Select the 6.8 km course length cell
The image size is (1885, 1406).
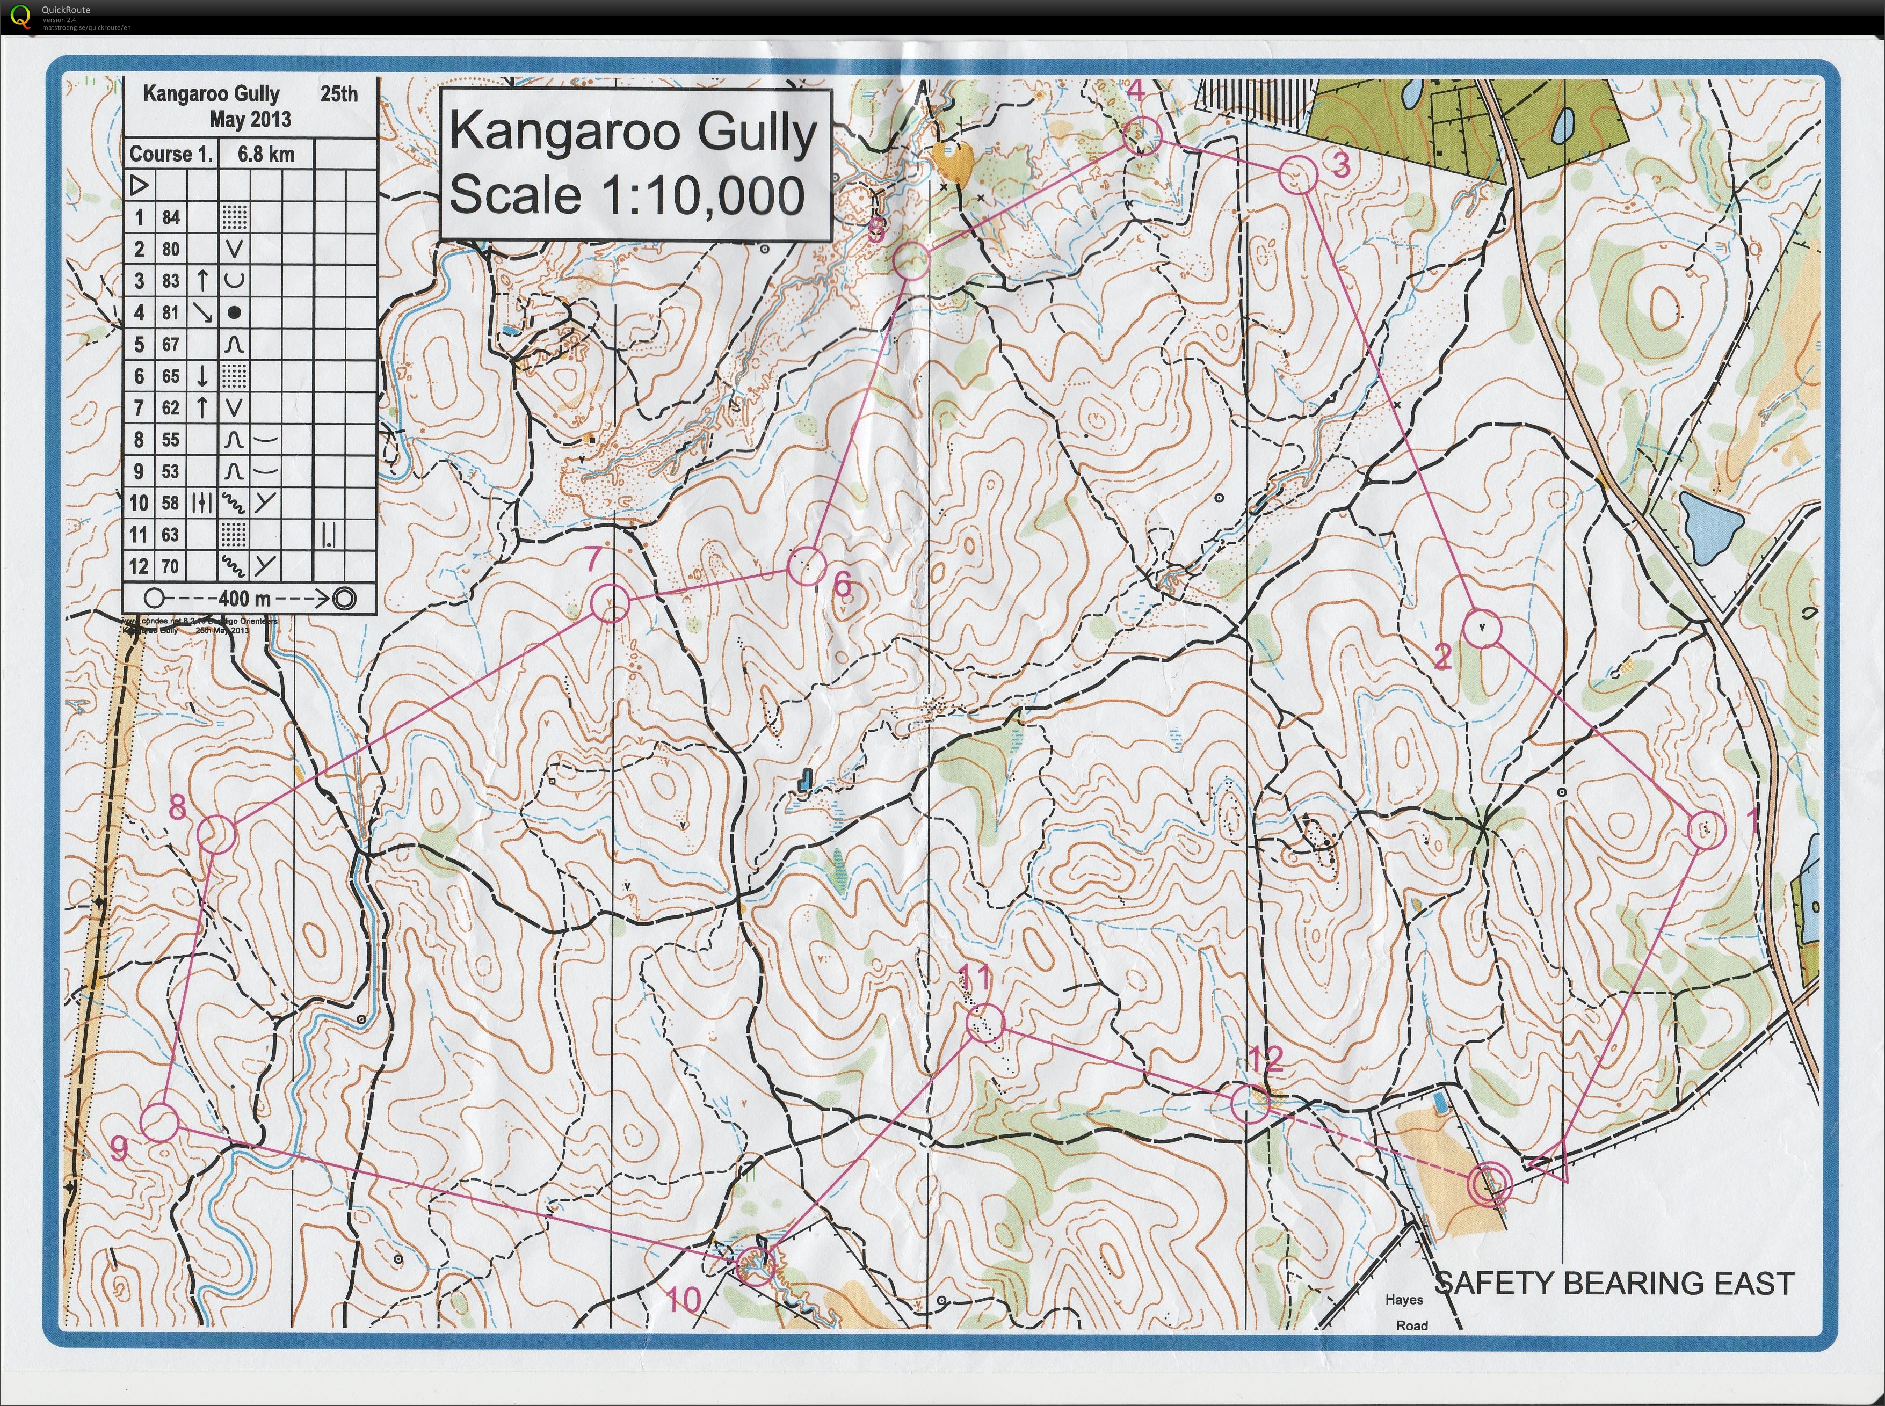(266, 154)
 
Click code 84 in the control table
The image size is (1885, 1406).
(171, 218)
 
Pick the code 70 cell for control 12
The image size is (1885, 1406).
(171, 566)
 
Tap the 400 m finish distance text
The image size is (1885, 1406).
(245, 599)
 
